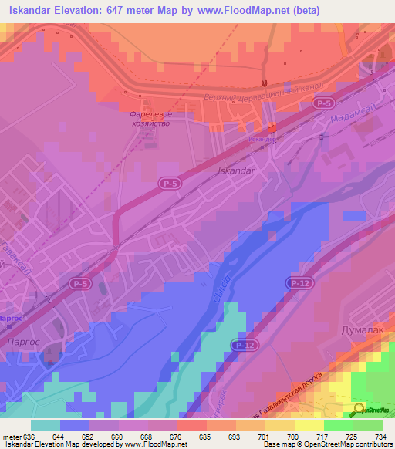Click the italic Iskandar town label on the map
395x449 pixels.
(x=237, y=170)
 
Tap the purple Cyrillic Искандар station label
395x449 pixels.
(x=263, y=140)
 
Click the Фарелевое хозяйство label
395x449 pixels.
(x=150, y=118)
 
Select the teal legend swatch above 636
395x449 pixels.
(x=46, y=425)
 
